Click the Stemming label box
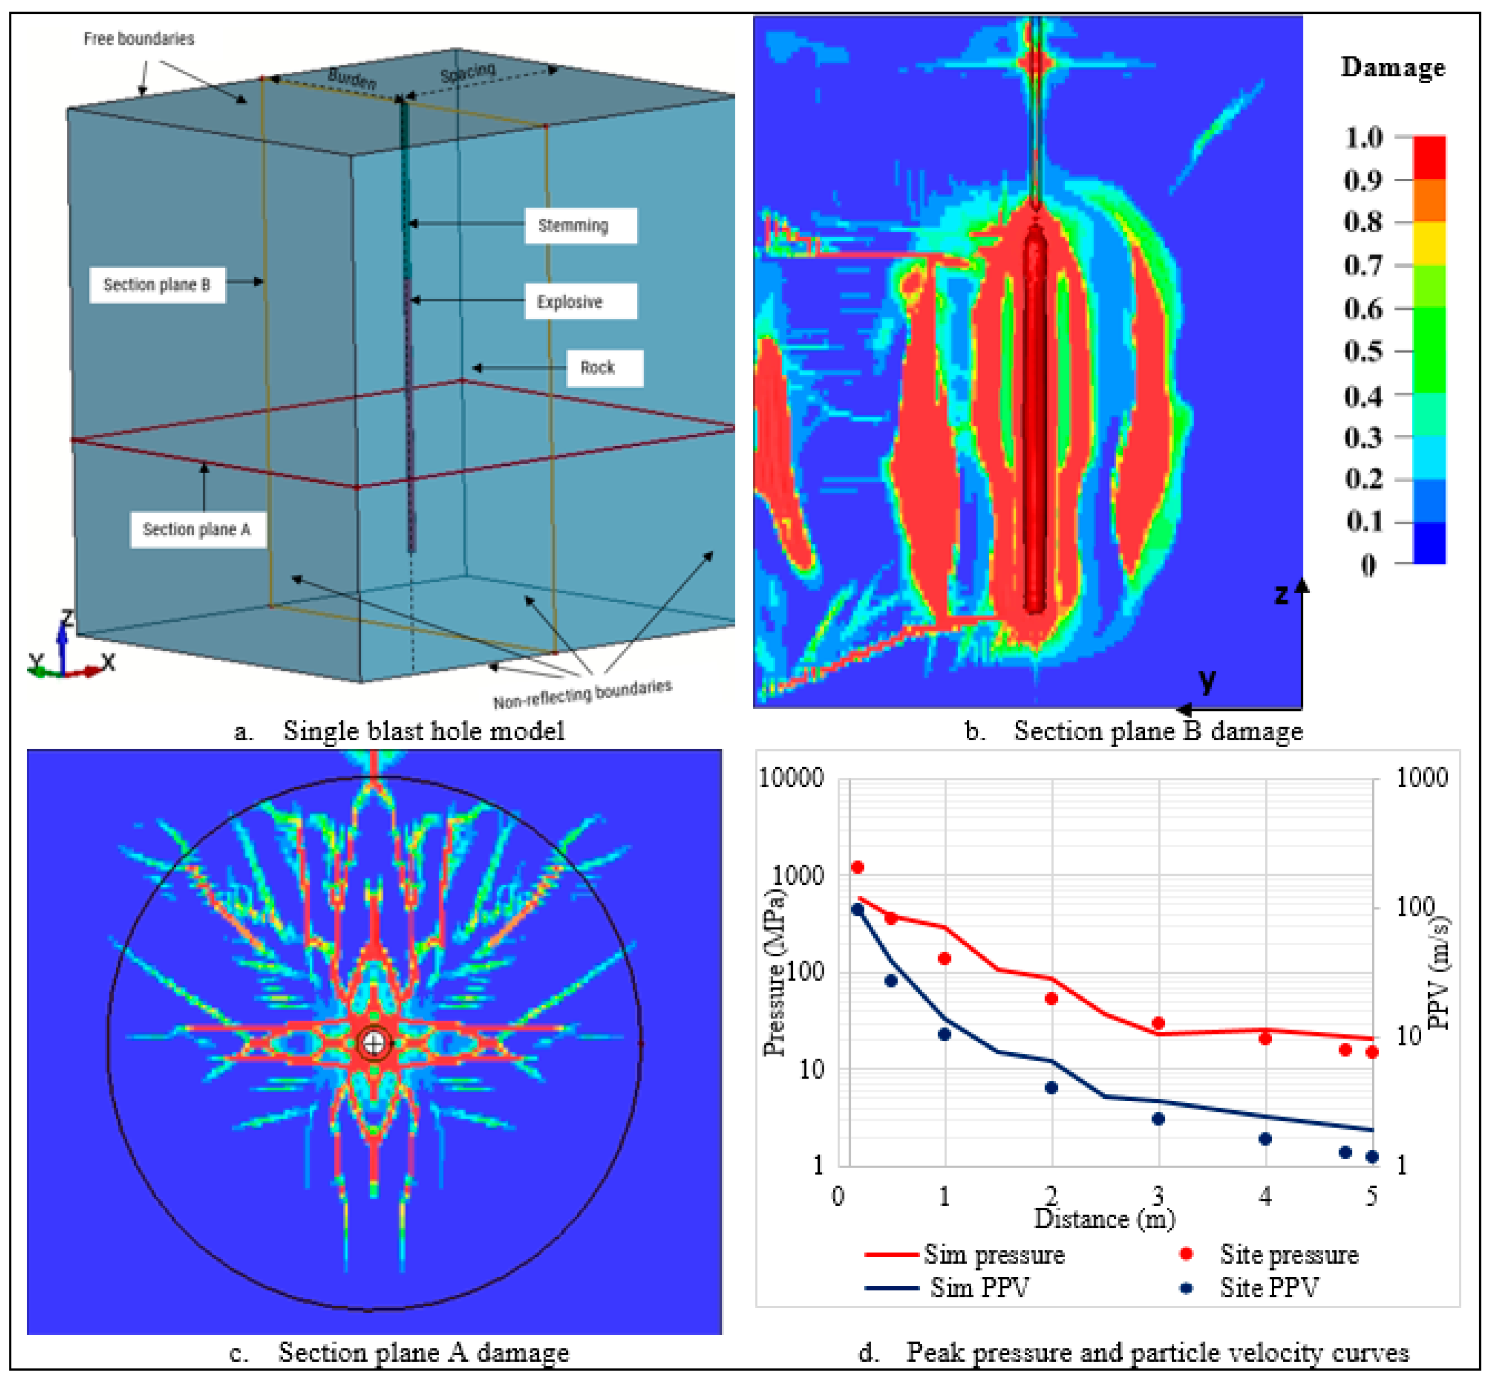[x=580, y=225]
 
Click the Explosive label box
[x=580, y=301]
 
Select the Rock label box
[x=604, y=367]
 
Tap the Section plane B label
[x=157, y=284]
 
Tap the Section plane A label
[x=198, y=529]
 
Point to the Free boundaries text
[x=139, y=38]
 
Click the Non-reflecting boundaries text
[x=582, y=694]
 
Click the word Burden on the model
[x=351, y=77]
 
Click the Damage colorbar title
[x=1392, y=67]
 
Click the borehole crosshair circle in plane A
[x=373, y=1042]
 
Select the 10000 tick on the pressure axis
[x=791, y=777]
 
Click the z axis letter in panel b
[x=1281, y=596]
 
